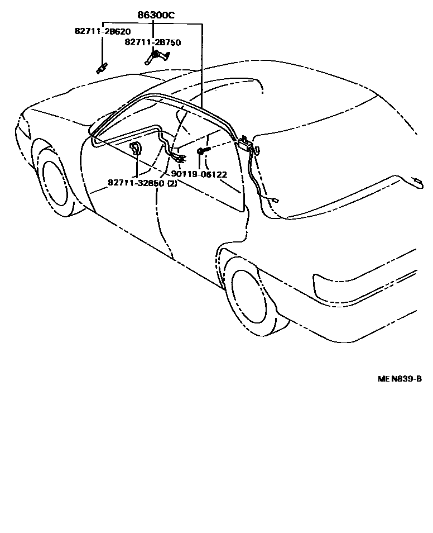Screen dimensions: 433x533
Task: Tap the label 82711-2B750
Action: (152, 42)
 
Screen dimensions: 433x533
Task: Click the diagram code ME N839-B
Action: (400, 379)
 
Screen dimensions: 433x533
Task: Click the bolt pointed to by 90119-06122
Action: (202, 151)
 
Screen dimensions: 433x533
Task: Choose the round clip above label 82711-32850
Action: (136, 149)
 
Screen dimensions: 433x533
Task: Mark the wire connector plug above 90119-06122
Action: (179, 160)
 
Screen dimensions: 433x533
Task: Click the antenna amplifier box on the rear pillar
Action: (246, 145)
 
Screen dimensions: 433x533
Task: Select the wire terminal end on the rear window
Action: (276, 199)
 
